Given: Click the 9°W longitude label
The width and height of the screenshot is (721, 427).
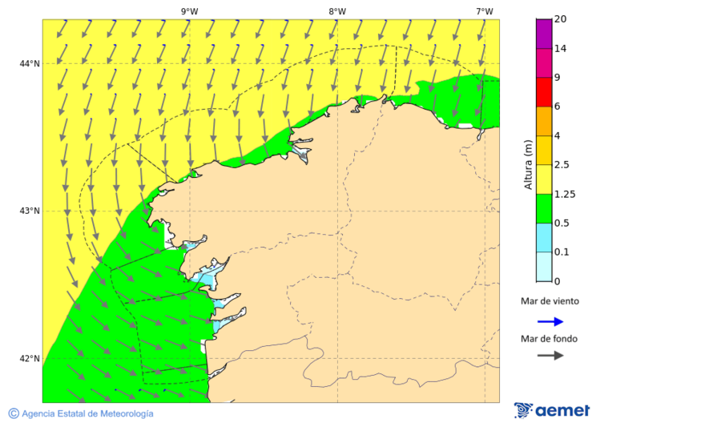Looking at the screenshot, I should point(189,11).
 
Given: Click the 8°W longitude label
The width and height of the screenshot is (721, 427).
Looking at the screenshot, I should point(336,11).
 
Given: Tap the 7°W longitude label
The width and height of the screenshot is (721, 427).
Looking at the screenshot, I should point(484,11).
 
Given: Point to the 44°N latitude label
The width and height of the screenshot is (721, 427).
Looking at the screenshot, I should point(30,64).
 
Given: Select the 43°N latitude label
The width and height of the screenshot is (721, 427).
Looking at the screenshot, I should point(30,211).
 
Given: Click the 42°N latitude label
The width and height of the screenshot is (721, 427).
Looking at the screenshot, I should point(30,358).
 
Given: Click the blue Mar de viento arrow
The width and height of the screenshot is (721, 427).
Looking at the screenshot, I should point(550,321).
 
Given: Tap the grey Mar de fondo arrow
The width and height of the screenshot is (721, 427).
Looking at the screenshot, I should point(550,356).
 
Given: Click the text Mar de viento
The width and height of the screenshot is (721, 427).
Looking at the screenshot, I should point(550,301).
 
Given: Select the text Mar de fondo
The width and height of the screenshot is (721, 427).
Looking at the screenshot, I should point(549,338).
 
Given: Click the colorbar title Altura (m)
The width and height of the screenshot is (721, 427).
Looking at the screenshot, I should point(528,164).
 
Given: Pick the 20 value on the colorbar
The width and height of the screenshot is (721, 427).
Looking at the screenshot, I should point(560,19).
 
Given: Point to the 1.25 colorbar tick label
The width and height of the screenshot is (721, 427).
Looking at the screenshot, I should point(565,194).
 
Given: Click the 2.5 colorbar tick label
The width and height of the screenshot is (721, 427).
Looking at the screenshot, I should point(562,165).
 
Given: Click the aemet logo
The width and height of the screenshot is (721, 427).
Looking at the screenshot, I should point(552,410).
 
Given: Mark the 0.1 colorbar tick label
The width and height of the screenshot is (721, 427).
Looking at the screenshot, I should point(562,252).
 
